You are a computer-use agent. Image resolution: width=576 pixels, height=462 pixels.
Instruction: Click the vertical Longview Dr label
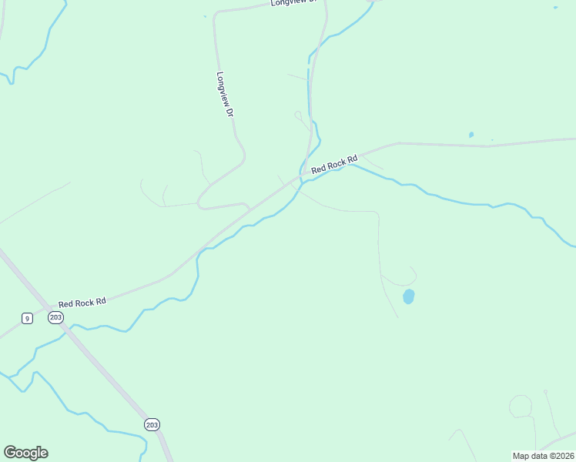[225, 94]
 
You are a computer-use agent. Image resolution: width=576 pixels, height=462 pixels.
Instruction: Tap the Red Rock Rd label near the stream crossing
[335, 163]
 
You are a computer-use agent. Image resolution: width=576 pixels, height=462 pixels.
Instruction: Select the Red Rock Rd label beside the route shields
[82, 303]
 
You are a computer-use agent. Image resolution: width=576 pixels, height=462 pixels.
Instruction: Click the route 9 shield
[27, 318]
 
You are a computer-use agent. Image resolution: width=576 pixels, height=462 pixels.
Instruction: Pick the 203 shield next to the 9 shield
[55, 317]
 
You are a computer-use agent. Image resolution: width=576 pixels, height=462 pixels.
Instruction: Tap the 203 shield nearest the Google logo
[152, 424]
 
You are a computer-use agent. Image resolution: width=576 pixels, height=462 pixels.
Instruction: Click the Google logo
[25, 453]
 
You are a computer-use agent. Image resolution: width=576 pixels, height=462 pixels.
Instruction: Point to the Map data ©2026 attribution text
[543, 456]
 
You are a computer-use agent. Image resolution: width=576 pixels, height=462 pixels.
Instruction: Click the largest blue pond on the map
[409, 296]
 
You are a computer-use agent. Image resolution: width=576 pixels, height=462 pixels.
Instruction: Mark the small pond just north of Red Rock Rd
[471, 136]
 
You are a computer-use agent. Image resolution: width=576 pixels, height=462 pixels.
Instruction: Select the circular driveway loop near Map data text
[521, 406]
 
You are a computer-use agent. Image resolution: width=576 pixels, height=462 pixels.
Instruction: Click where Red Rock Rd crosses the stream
[302, 176]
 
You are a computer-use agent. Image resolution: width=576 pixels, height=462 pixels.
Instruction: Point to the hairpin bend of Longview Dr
[201, 204]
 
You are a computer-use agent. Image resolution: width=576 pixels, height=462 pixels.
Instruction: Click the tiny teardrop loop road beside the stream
[298, 115]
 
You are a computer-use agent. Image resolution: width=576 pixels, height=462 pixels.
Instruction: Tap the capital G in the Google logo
[10, 453]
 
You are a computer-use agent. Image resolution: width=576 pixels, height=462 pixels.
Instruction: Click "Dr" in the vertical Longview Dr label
[229, 111]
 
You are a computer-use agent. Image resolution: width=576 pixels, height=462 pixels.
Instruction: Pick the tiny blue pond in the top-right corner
[555, 8]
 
